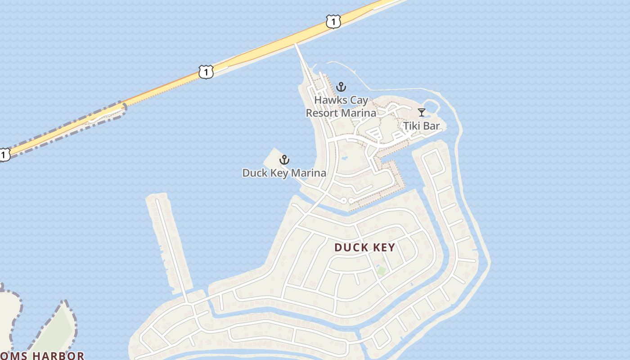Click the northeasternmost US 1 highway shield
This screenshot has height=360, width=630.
click(x=333, y=21)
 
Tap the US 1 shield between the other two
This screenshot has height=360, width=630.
click(x=206, y=72)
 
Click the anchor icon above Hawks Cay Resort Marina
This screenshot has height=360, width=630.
click(x=341, y=87)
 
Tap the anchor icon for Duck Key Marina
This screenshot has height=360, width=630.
click(x=284, y=160)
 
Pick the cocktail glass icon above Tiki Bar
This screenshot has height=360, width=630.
click(x=421, y=112)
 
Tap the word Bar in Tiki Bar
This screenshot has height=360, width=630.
click(x=432, y=126)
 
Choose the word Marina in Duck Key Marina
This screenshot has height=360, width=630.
click(x=309, y=173)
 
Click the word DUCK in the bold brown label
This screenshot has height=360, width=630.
click(x=352, y=247)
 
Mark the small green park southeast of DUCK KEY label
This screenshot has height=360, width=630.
click(x=382, y=270)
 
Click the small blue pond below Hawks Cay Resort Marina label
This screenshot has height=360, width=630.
click(x=344, y=158)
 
